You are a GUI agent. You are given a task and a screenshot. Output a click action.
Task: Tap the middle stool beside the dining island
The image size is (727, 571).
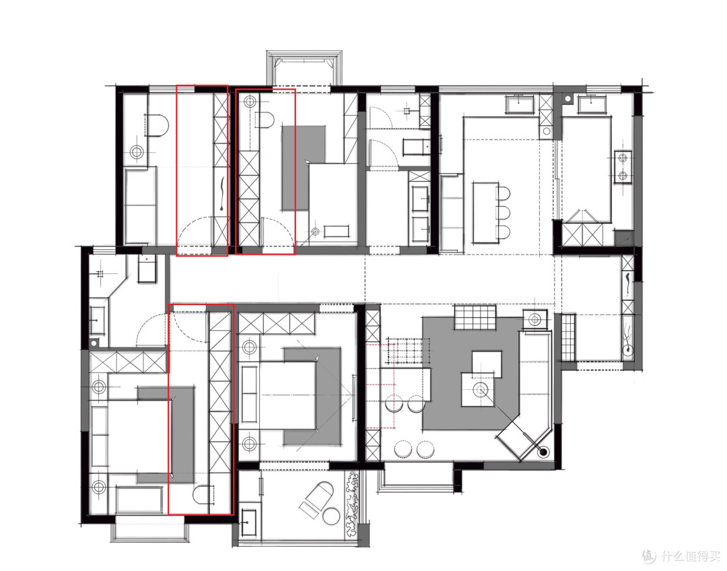504,212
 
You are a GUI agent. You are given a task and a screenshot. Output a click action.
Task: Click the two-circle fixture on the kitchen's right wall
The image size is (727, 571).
623,167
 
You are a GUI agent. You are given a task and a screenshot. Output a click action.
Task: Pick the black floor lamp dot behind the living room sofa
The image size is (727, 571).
543,450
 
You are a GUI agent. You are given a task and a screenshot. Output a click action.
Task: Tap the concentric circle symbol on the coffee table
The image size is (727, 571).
479,389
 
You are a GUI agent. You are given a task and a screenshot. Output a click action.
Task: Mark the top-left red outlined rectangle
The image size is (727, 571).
202,170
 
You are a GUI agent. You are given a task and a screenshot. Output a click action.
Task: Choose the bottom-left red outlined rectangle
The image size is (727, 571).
201,409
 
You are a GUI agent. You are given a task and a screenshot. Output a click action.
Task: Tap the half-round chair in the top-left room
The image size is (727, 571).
157,125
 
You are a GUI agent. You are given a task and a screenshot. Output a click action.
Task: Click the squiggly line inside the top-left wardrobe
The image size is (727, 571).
223,195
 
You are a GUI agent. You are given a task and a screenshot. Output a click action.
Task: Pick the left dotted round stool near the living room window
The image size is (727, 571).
403,448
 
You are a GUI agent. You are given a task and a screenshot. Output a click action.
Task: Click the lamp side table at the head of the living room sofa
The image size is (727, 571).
534,320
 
